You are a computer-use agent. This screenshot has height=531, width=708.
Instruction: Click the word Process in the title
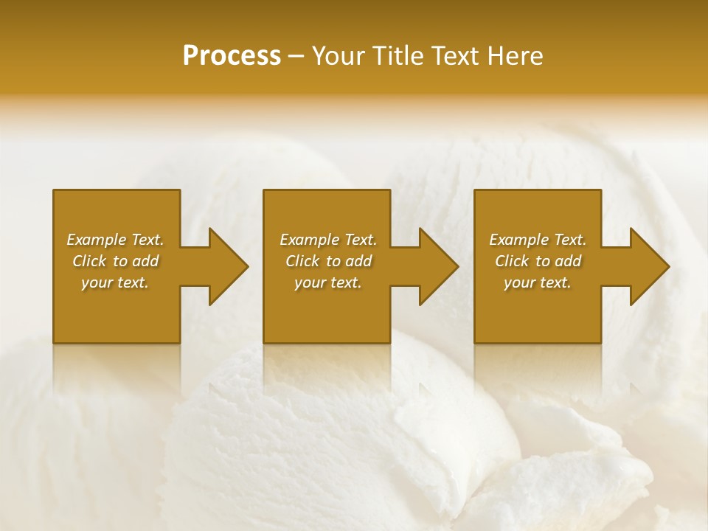[232, 56]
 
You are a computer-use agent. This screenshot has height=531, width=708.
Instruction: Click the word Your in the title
[336, 56]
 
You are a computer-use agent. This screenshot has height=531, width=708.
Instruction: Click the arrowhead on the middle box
[438, 266]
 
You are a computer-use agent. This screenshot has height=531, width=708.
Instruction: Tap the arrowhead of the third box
[649, 266]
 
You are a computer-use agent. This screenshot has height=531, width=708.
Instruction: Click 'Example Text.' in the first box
[115, 240]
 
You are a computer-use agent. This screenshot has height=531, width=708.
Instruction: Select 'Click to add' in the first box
[115, 261]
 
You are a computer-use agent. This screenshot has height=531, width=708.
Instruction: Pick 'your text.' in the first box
[115, 282]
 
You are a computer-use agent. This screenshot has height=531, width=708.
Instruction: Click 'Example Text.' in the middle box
[327, 240]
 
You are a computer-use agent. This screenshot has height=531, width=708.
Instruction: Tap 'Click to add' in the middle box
[327, 261]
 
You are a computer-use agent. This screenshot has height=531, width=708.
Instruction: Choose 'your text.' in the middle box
[327, 282]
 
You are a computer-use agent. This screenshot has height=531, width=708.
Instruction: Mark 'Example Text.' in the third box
[538, 240]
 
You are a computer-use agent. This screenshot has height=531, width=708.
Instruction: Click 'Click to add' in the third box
[538, 261]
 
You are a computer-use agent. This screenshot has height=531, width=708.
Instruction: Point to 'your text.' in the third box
[538, 282]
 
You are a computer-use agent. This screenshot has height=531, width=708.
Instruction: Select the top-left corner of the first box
[54, 191]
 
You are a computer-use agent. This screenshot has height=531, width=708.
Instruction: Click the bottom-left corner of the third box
[475, 342]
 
